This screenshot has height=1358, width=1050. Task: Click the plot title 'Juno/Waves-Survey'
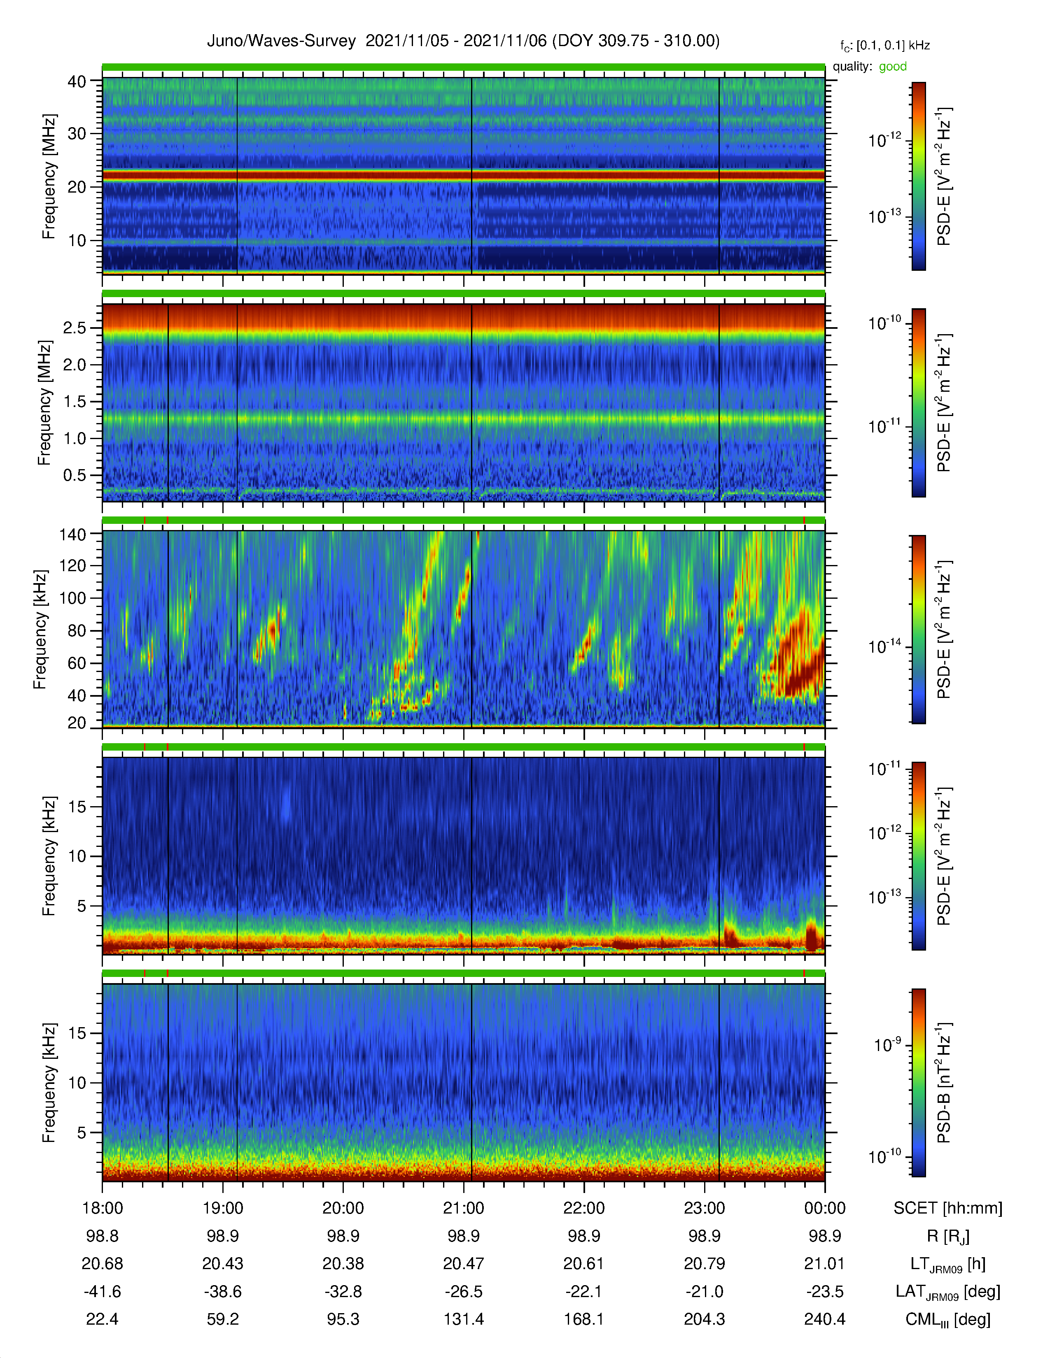coord(281,41)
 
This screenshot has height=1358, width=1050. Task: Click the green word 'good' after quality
coord(893,67)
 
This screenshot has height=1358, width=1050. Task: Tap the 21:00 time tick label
coord(463,1208)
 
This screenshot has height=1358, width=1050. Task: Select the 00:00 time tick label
coord(825,1208)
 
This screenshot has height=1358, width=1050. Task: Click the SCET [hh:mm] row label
coord(948,1208)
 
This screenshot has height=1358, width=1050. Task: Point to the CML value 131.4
coord(463,1319)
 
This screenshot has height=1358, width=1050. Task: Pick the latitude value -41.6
coord(103,1291)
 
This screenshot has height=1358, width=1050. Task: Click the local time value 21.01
coord(825,1263)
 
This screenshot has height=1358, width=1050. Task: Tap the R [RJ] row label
coord(948,1236)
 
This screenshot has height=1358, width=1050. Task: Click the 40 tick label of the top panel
coord(77,81)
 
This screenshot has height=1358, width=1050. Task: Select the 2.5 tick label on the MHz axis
coord(74,328)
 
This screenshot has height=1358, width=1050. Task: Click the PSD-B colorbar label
coord(944,1083)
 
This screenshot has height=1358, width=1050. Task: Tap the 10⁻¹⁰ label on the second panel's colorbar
coord(886,322)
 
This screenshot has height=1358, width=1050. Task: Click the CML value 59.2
coord(223,1319)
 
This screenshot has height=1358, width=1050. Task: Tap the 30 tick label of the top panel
coord(77,134)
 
